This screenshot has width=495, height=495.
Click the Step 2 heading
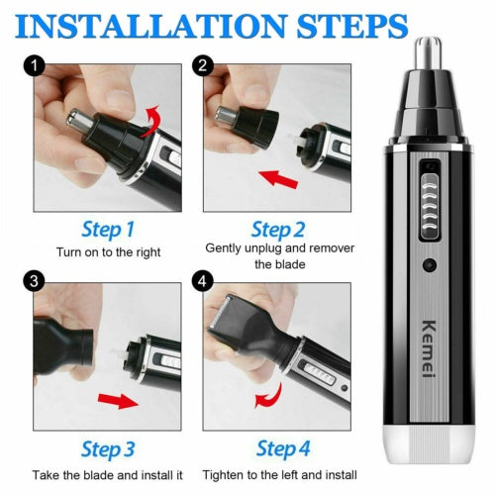tap(277, 230)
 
